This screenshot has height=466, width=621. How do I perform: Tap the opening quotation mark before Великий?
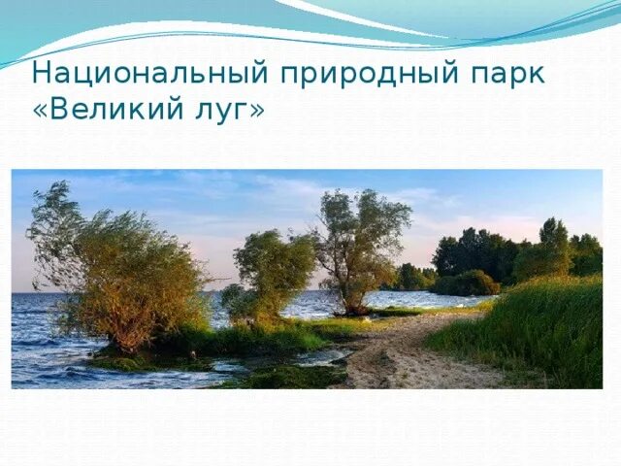tap(40, 111)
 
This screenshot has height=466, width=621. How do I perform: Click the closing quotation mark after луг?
tap(256, 111)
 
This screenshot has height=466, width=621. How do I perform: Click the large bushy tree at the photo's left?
tap(116, 272)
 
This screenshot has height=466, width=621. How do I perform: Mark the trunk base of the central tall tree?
tap(356, 309)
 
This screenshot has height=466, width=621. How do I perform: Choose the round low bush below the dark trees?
tap(467, 283)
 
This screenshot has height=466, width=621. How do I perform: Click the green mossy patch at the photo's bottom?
tap(281, 377)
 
